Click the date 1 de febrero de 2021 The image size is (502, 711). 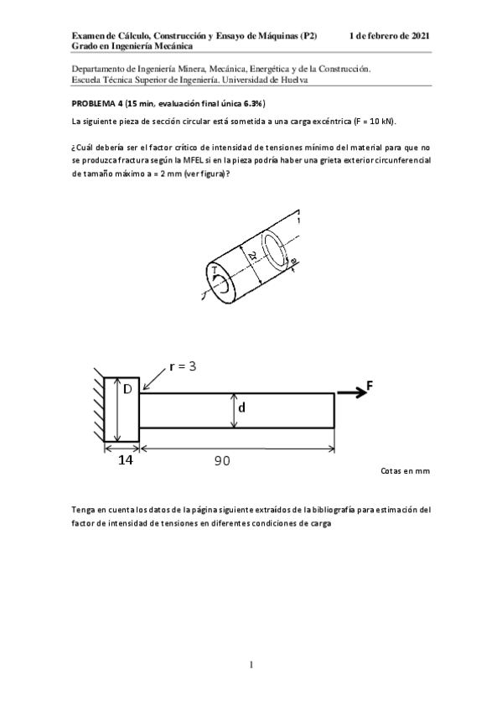pyautogui.click(x=391, y=36)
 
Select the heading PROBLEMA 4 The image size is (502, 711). pyautogui.click(x=97, y=105)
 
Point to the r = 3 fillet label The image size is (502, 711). pyautogui.click(x=182, y=366)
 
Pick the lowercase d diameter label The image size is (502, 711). pyautogui.click(x=241, y=407)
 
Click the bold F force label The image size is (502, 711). pyautogui.click(x=370, y=387)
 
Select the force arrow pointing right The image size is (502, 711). pyautogui.click(x=348, y=393)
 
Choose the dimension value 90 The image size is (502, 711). pyautogui.click(x=221, y=460)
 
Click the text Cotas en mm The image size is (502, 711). pyautogui.click(x=405, y=471)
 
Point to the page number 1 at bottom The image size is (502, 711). pyautogui.click(x=251, y=665)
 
